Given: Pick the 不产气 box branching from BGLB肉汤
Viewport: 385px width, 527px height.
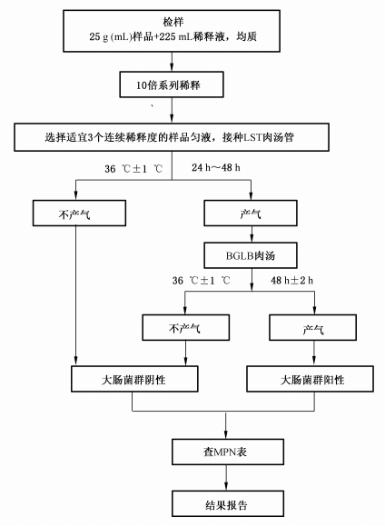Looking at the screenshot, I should tap(185, 325).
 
